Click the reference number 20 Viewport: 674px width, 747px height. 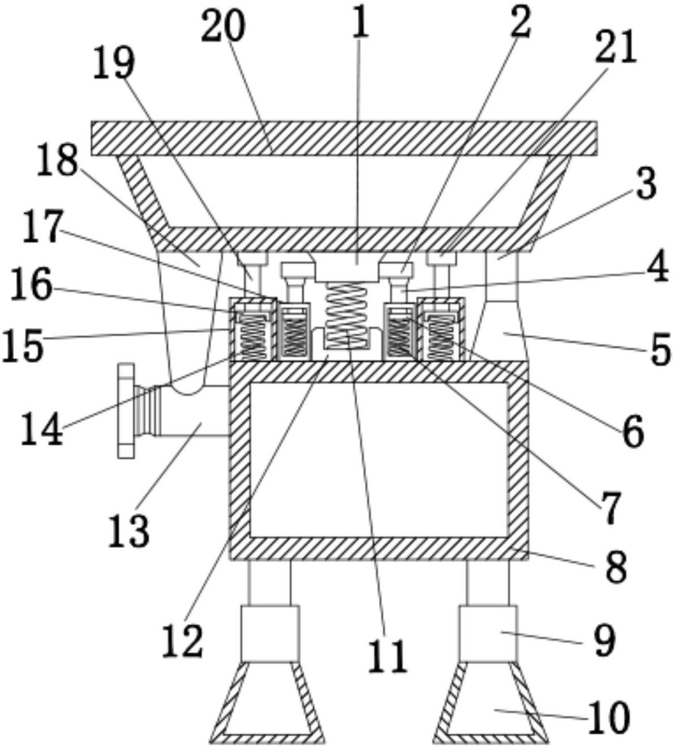click(x=223, y=26)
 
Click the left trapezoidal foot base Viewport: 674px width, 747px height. click(x=268, y=702)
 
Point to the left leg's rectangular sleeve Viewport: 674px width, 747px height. click(x=269, y=634)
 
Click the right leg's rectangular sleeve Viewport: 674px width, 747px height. click(x=488, y=634)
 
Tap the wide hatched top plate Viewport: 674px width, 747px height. click(x=344, y=138)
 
